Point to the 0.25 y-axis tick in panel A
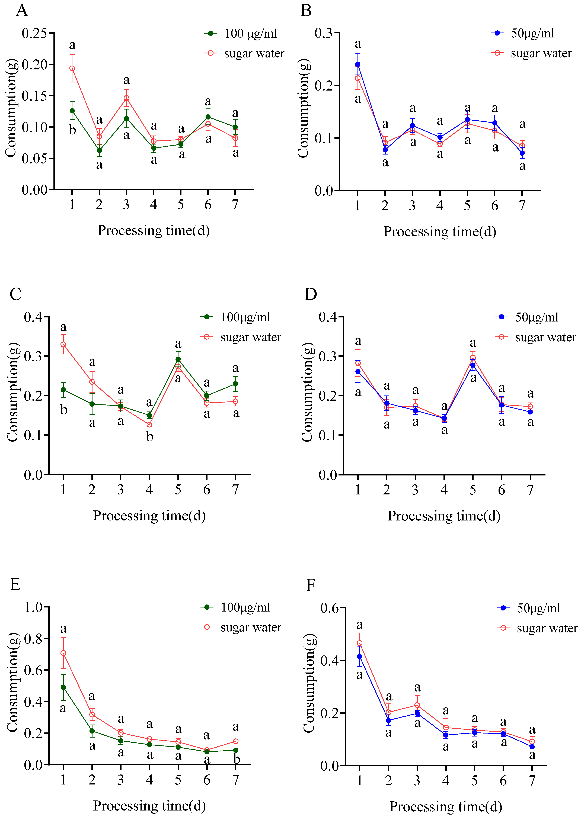point(34,33)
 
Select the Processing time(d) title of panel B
point(440,232)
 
